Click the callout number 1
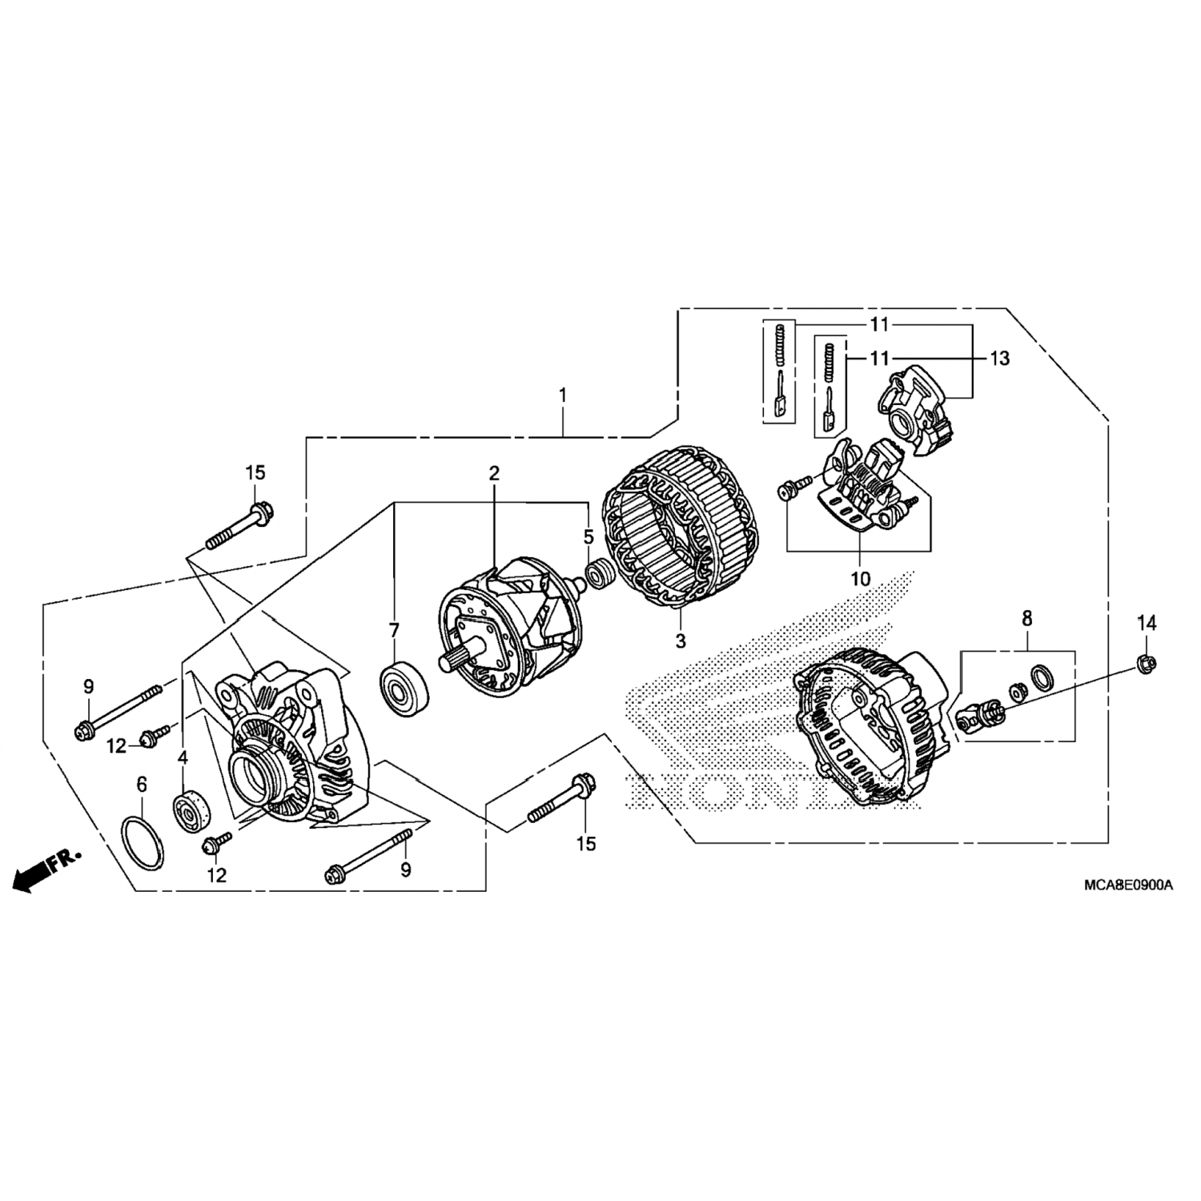pyautogui.click(x=563, y=395)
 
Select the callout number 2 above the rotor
pyautogui.click(x=494, y=473)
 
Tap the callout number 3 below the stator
pyautogui.click(x=680, y=641)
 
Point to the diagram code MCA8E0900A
pyautogui.click(x=1128, y=886)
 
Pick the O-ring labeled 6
pyautogui.click(x=143, y=841)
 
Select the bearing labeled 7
pyautogui.click(x=404, y=689)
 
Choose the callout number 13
pyautogui.click(x=1000, y=359)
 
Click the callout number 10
pyautogui.click(x=860, y=578)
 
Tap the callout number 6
pyautogui.click(x=142, y=785)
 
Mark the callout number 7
pyautogui.click(x=393, y=631)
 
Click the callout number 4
pyautogui.click(x=183, y=757)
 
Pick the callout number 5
pyautogui.click(x=588, y=536)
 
